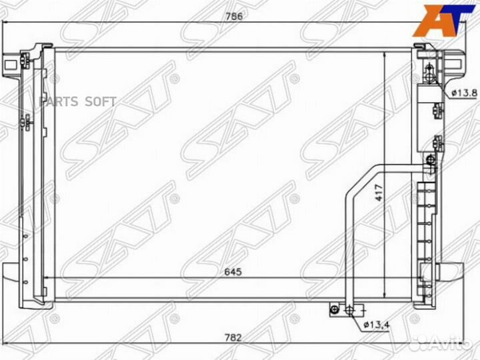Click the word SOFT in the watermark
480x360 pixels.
pyautogui.click(x=100, y=102)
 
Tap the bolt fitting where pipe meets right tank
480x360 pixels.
pyautogui.click(x=431, y=160)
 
